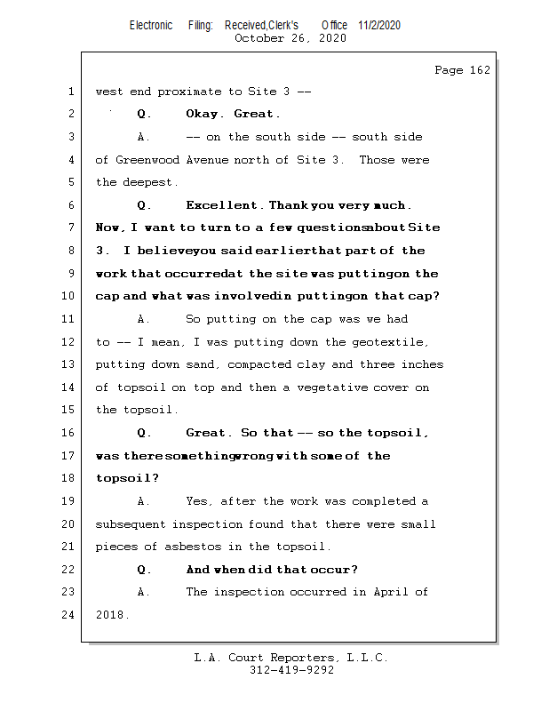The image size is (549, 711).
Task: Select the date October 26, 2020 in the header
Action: [x=290, y=38]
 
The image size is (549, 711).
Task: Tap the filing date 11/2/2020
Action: [x=379, y=25]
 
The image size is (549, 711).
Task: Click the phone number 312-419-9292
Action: [x=291, y=670]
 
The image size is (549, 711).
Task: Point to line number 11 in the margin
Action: [x=70, y=319]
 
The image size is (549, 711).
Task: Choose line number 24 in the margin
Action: [x=70, y=615]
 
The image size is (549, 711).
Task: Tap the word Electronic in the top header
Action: [x=151, y=25]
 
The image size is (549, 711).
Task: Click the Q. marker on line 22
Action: [x=144, y=570]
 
